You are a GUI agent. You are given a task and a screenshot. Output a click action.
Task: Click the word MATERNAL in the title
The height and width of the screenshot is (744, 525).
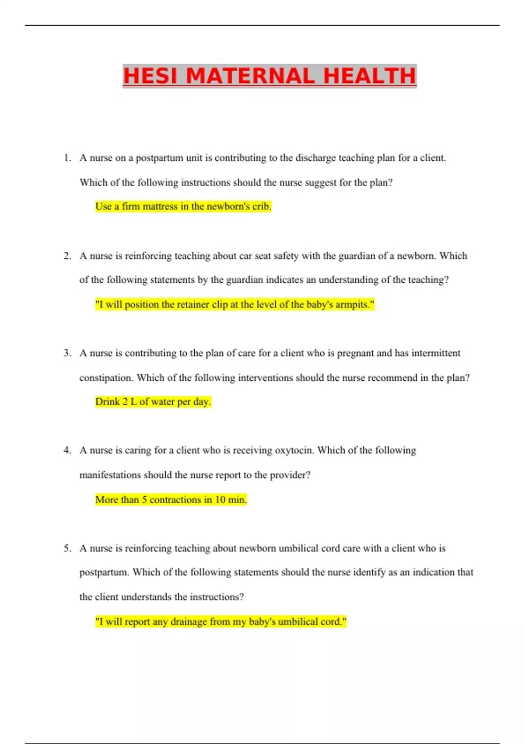pyautogui.click(x=251, y=76)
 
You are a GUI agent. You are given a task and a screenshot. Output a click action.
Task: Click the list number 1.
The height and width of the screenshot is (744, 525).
pyautogui.click(x=67, y=158)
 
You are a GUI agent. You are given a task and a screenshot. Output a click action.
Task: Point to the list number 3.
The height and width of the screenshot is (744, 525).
pyautogui.click(x=67, y=353)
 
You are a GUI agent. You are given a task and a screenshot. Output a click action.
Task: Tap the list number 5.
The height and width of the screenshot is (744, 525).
pyautogui.click(x=67, y=548)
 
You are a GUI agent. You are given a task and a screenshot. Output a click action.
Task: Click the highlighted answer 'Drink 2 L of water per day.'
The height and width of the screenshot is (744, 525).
pyautogui.click(x=153, y=402)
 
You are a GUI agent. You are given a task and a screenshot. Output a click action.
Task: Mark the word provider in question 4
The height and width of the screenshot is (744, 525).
pyautogui.click(x=290, y=475)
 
